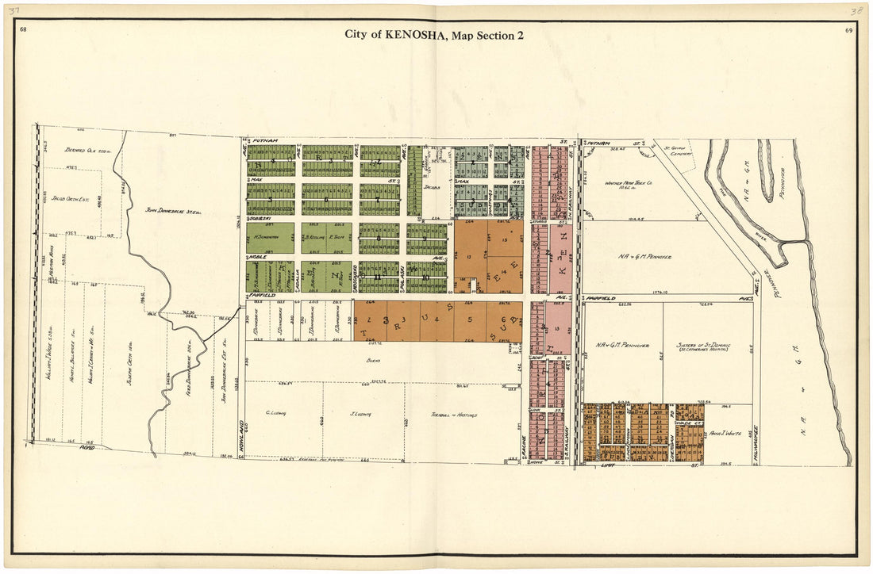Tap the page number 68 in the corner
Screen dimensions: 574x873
click(x=23, y=29)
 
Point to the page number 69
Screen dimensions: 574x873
click(x=849, y=30)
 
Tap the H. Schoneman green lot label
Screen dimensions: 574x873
click(x=270, y=236)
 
